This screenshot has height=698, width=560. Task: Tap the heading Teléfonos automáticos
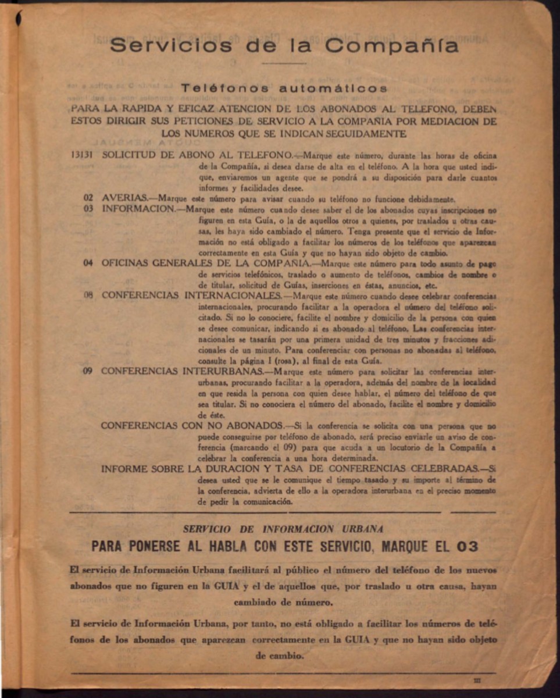click(x=284, y=88)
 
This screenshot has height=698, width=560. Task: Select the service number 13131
click(x=83, y=155)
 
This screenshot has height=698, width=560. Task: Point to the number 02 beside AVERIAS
click(x=88, y=197)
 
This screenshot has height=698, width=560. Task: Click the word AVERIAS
click(x=124, y=197)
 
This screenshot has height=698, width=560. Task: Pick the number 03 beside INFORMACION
click(x=88, y=208)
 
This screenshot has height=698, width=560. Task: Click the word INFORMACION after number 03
click(x=138, y=208)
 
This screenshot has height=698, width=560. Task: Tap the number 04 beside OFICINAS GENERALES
click(x=88, y=262)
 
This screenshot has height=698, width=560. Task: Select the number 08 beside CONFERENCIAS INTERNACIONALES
click(x=88, y=295)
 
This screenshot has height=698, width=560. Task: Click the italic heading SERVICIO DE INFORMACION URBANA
click(x=283, y=529)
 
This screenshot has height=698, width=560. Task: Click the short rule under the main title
click(x=283, y=63)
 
